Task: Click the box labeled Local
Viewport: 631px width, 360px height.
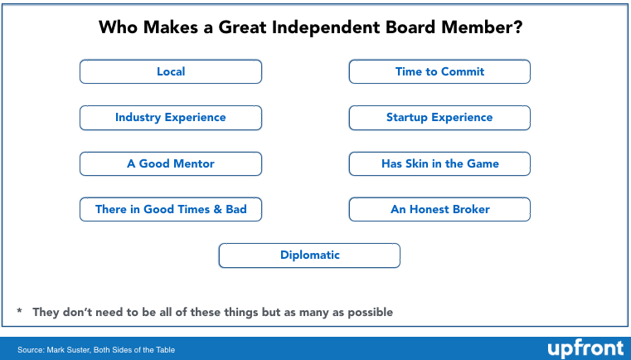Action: tap(171, 71)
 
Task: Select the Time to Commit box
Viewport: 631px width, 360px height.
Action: tap(439, 71)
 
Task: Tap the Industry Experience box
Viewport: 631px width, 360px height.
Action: tap(171, 118)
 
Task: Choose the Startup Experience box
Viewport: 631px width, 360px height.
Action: tap(439, 118)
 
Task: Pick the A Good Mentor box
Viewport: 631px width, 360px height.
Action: tap(171, 163)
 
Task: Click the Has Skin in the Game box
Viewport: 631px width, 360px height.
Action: tap(439, 163)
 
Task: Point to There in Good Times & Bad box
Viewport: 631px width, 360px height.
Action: tap(171, 209)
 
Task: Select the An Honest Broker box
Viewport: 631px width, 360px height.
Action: tap(439, 209)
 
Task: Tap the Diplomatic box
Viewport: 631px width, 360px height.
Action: tap(309, 255)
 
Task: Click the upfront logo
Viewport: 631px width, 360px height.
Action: tap(585, 348)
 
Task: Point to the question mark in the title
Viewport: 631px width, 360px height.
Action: tap(517, 27)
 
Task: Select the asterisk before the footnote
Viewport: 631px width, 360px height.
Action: tap(19, 310)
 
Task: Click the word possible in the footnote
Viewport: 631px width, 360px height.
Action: tap(371, 313)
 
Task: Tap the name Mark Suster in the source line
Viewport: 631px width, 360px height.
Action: tap(68, 349)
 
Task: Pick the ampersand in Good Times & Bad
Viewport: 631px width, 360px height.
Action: tap(218, 209)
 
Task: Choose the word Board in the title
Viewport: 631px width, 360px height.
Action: tap(410, 27)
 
